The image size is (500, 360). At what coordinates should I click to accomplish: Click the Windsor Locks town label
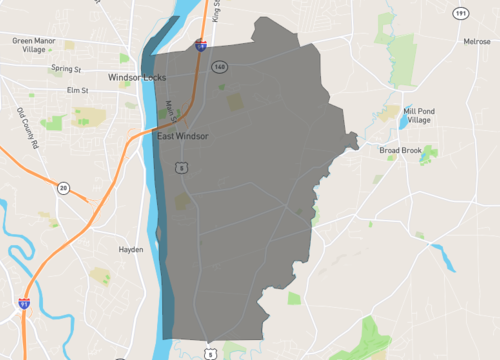coord(139,76)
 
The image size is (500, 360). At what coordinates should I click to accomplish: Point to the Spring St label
coord(65,69)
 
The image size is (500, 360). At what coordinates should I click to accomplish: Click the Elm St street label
coord(79,91)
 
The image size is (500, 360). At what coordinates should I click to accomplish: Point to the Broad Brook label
coord(401,151)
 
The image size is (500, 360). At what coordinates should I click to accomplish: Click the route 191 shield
coord(459,13)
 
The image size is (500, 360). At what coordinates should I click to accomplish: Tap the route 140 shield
coord(218,67)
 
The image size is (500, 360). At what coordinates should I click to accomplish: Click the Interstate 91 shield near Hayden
coord(23,301)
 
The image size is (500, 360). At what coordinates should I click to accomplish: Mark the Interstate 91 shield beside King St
coord(201,45)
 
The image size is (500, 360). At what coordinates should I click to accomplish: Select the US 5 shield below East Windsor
coord(181,168)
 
